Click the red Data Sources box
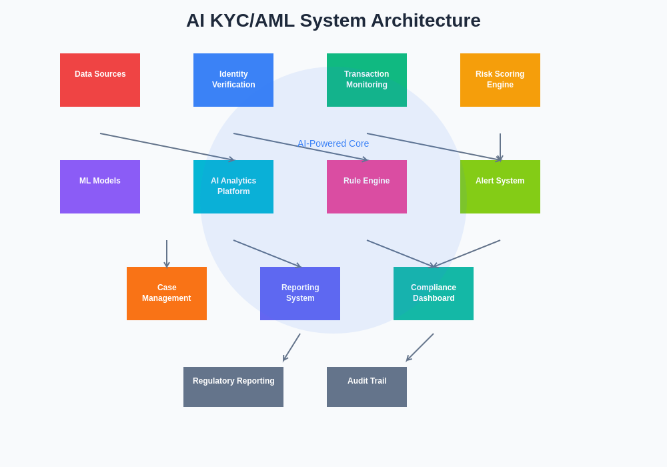pos(100,80)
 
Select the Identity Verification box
pos(233,80)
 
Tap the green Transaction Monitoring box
pos(367,80)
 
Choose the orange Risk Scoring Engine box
pos(500,80)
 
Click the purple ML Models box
pos(100,187)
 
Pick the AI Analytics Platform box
pos(233,187)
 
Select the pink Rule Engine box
pos(367,187)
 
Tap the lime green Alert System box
pos(500,187)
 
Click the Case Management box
pos(167,294)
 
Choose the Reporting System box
pos(300,294)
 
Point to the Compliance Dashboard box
pos(434,294)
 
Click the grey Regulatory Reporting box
pos(233,387)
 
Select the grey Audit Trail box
pos(367,387)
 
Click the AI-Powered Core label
pos(333,143)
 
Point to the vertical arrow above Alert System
pos(500,147)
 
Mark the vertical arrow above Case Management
pos(167,254)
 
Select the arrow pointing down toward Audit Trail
pos(420,347)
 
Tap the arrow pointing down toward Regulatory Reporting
pos(292,347)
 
